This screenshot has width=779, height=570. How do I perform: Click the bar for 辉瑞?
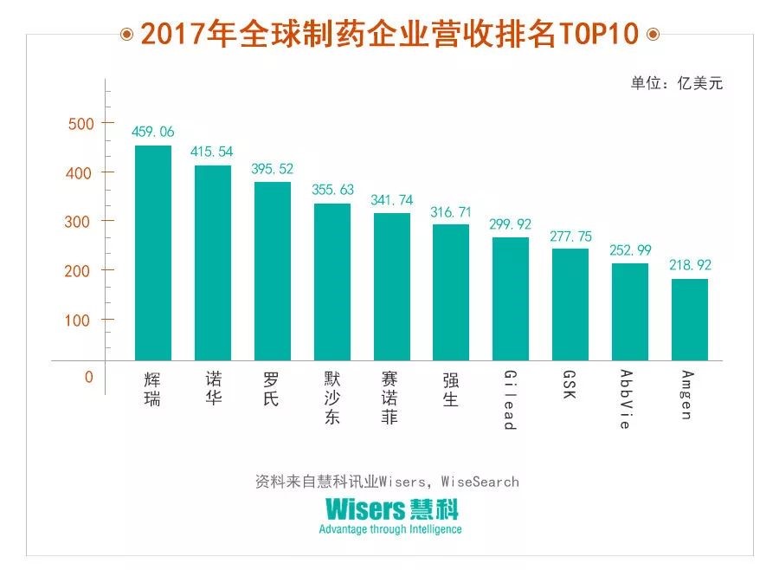coord(153,252)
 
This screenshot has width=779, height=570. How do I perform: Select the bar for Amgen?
coord(689,319)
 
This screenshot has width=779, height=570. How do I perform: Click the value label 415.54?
coord(212,152)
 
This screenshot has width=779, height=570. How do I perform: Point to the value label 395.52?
coord(272,169)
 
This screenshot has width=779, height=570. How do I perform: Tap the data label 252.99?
coord(629,249)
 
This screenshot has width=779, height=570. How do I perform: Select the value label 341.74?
coord(391,200)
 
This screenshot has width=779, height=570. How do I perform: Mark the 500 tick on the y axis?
coord(80,124)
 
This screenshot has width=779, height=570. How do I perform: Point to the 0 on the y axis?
coord(88,378)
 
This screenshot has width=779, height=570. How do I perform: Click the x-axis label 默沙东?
coord(332,398)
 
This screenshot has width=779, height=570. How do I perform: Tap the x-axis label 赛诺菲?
coord(391,398)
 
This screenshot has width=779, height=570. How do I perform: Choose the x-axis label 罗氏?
coord(272,389)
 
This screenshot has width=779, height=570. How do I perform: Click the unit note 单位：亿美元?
coord(676,84)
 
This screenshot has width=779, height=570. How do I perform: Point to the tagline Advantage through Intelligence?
coord(390,529)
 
